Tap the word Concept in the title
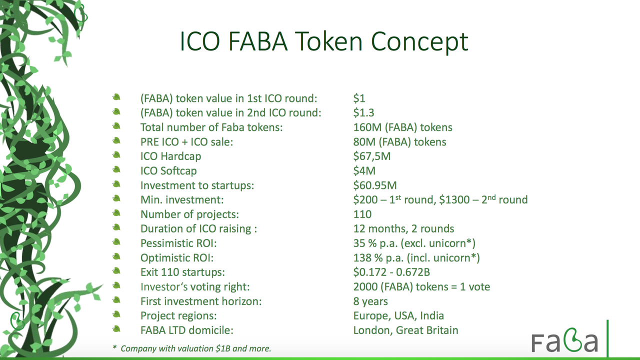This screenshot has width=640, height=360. pos(419,42)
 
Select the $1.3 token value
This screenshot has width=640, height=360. pos(363,112)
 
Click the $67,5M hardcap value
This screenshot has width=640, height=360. pos(371,156)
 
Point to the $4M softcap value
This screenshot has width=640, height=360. pos(364,170)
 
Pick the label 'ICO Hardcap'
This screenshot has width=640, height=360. pos(170,156)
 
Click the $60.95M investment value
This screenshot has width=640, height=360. pos(375,185)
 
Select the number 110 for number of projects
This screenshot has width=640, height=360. pos(362,214)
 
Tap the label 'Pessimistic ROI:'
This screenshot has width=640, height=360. pos(178,243)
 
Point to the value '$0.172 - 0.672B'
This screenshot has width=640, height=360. pos(391,272)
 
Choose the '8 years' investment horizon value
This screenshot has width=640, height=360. pos(370,301)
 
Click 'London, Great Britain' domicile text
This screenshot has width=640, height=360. pos(405,330)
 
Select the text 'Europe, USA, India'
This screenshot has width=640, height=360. pos(398,315)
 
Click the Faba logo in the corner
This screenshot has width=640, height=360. pos(564,340)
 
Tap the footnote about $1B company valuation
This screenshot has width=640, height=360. pos(191,348)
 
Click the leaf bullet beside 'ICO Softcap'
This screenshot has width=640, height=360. pos(116,169)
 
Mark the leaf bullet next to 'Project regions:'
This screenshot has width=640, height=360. pos(116,314)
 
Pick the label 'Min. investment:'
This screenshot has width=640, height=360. pos(182,199)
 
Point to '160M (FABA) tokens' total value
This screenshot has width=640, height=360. pos(403,127)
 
